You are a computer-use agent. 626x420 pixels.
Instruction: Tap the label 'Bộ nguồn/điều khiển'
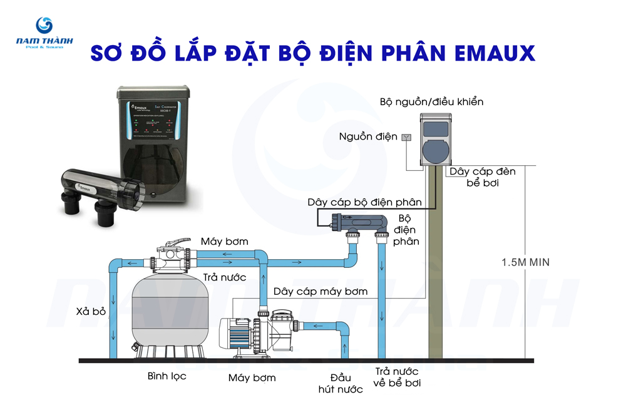click(432, 101)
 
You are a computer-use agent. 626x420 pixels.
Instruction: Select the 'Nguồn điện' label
click(367, 136)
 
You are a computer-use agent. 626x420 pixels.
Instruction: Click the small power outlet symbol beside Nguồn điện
click(406, 137)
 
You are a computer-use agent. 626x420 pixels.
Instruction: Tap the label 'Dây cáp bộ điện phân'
click(364, 202)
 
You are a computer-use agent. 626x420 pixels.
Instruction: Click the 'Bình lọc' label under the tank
click(167, 377)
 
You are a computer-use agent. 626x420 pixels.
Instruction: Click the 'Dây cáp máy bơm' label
click(321, 292)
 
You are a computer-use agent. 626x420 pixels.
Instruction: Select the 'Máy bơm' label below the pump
click(252, 377)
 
